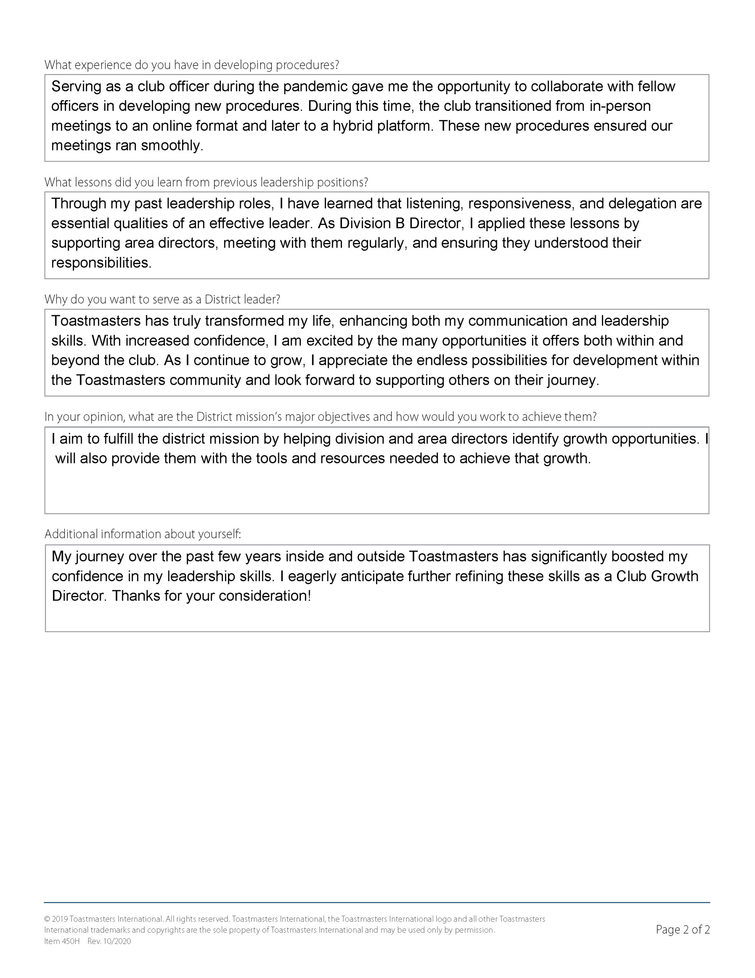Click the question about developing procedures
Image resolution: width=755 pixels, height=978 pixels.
192,65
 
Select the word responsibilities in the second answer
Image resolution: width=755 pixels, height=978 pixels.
101,263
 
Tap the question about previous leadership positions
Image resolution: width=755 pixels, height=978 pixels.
206,183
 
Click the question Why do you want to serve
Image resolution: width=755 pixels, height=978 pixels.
162,300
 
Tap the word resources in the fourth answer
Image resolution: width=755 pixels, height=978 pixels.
353,458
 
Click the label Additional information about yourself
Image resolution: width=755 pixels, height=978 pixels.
143,534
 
